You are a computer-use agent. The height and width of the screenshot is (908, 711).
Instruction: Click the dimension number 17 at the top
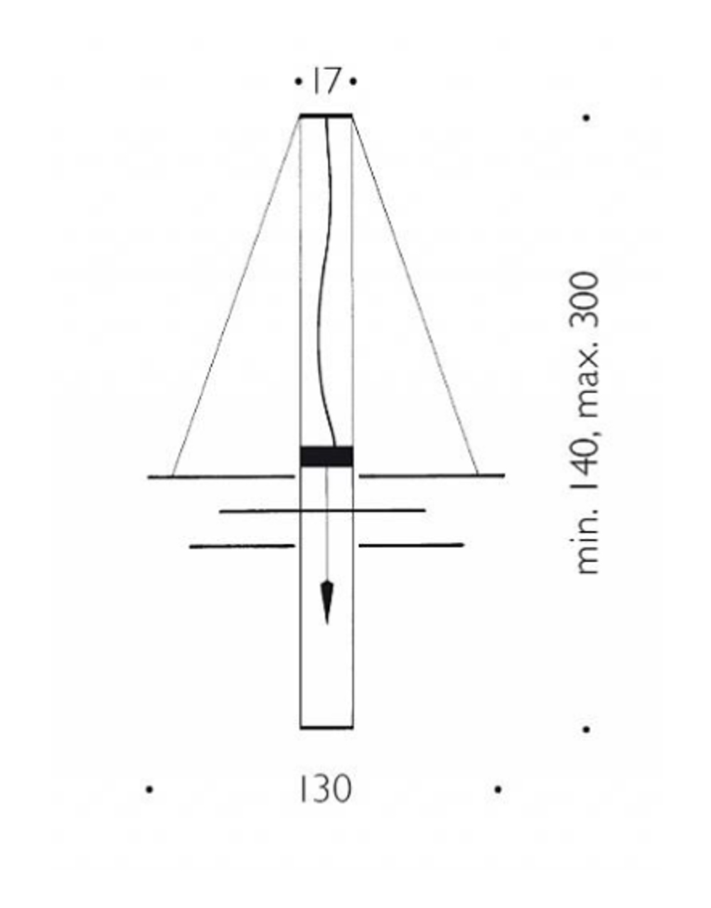point(325,82)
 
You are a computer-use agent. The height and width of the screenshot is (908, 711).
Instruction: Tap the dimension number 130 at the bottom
point(326,789)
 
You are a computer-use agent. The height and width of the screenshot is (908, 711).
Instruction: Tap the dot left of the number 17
point(298,82)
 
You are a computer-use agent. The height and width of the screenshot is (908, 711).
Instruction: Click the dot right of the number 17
point(353,82)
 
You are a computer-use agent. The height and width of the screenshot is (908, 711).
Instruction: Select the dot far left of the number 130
point(149,790)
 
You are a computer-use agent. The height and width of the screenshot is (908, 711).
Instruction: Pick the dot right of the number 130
point(498,790)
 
